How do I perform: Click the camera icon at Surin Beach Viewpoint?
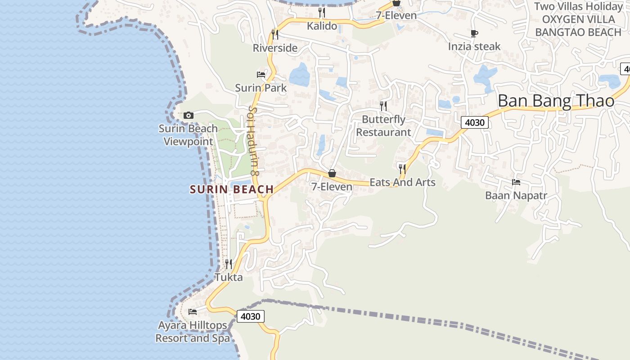[189, 116]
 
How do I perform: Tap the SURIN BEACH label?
[232, 189]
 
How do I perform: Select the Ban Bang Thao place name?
[556, 101]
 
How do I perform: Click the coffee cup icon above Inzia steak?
[474, 33]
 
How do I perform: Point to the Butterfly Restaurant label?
[384, 126]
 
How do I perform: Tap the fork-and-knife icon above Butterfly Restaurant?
[383, 106]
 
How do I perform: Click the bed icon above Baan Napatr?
[516, 182]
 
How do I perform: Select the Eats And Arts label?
[402, 182]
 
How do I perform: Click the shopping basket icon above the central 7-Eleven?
[332, 173]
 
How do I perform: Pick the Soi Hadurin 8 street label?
[253, 141]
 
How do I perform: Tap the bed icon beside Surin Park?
[261, 74]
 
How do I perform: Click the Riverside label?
[275, 48]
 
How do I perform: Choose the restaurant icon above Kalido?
[322, 12]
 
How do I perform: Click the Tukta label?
[229, 277]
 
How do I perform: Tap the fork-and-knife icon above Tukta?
[229, 264]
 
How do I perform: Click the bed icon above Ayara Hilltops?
[193, 312]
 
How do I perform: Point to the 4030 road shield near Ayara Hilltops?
[250, 316]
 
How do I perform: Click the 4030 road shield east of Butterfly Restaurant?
[474, 122]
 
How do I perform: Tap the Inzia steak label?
[474, 46]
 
